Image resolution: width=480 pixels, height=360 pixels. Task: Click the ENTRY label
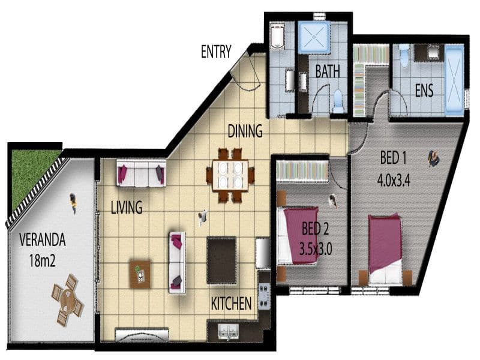pos(216,52)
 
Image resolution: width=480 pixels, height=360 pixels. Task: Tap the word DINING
pos(245,131)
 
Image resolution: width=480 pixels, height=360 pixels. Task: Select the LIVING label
pos(127,207)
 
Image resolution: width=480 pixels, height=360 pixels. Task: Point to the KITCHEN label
pos(232,304)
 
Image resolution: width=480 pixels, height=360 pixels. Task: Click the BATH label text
pos(328,71)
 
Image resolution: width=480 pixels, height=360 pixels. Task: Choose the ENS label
pos(424,91)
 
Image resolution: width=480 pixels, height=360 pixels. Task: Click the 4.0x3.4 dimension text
pos(394,180)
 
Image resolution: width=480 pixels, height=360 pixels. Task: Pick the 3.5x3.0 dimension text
pos(316,250)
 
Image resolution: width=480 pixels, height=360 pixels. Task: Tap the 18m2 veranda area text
pos(42,261)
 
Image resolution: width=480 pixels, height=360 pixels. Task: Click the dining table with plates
pos(230,175)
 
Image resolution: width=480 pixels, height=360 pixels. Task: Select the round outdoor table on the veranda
pos(68,301)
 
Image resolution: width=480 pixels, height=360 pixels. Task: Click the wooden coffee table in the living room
pos(140,274)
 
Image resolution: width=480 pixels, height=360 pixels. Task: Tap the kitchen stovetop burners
pos(264,295)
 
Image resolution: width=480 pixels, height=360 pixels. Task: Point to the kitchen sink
pos(229,331)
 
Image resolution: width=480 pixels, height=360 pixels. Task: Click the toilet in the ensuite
pos(404,55)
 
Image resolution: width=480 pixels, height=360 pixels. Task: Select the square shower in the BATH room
pos(314,37)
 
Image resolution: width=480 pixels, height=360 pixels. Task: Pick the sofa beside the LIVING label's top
pos(141,173)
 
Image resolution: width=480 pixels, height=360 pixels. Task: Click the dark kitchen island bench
pos(221,260)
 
